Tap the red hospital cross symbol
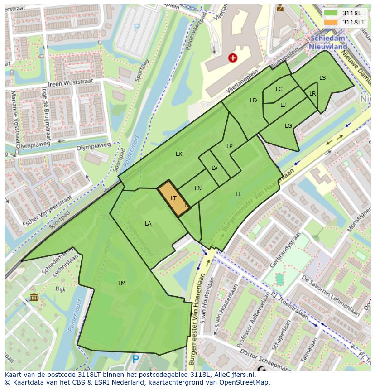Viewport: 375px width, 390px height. (233, 58)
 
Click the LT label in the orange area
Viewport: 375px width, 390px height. (173, 198)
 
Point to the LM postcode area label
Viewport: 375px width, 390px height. (121, 284)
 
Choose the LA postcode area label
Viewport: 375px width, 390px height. (148, 224)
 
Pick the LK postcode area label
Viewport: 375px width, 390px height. (179, 154)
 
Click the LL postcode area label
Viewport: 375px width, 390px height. (238, 194)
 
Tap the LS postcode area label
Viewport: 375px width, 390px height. (322, 78)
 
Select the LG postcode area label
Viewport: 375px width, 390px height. (288, 126)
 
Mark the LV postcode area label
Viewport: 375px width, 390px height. (215, 168)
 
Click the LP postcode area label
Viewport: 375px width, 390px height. (230, 146)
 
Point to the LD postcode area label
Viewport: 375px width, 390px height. (254, 101)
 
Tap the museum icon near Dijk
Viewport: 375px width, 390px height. (34, 297)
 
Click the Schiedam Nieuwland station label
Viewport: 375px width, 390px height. (328, 43)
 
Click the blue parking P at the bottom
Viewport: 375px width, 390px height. (135, 359)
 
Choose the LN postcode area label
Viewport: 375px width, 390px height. (198, 188)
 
